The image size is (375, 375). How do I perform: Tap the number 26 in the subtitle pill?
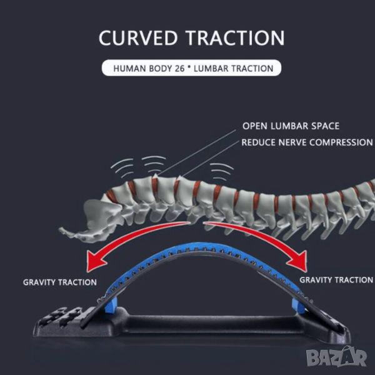coord(182,68)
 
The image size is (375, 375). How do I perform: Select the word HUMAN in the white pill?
coord(127,68)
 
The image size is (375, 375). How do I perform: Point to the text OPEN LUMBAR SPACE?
coord(291,126)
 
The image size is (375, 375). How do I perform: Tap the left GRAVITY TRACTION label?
coord(60,282)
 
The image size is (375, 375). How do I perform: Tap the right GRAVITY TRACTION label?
coord(336,279)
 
